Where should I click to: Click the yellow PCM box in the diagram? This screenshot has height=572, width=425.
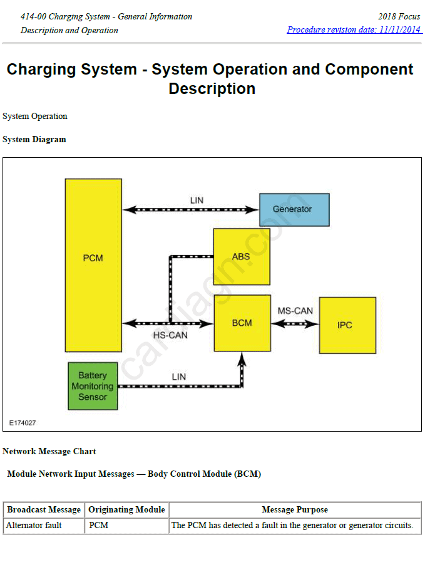(93, 264)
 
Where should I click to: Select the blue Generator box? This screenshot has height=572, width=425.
(294, 209)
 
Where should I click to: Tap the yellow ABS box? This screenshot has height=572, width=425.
(242, 256)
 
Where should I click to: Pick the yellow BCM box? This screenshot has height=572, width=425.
(242, 323)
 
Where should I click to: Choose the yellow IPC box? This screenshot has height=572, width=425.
(347, 325)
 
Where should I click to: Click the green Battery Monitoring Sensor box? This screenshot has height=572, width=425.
(93, 386)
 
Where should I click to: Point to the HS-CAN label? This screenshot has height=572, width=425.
(170, 335)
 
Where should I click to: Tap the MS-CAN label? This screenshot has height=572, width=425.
(295, 311)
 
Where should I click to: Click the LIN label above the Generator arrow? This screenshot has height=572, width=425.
(197, 200)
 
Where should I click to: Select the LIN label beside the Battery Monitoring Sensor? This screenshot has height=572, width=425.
(179, 377)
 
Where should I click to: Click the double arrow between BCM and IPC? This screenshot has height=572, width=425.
(295, 324)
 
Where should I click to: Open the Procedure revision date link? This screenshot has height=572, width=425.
(354, 30)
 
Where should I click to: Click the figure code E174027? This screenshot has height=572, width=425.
(23, 423)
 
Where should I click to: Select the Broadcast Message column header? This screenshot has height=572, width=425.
(44, 510)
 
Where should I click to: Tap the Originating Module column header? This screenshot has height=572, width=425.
(126, 510)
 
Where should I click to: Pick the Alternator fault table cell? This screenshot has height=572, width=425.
(34, 526)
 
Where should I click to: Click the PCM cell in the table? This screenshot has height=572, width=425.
(99, 526)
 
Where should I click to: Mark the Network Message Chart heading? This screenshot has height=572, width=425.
(49, 451)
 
